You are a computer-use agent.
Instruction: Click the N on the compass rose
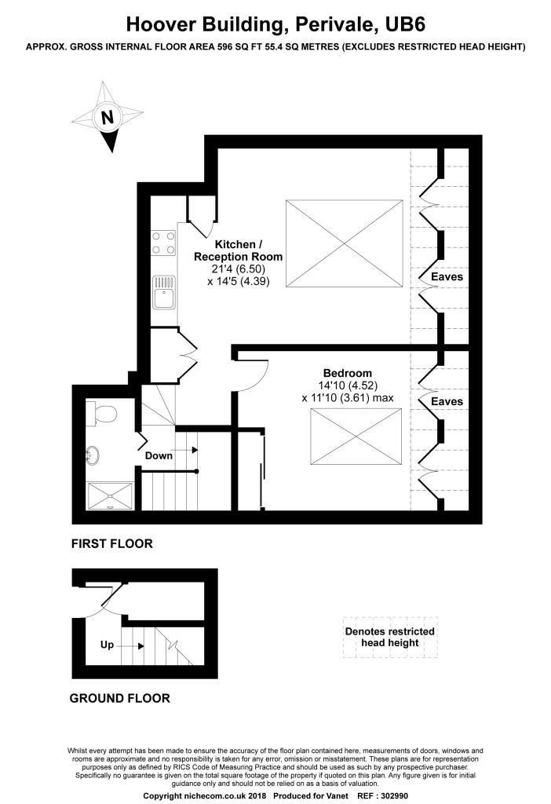coord(107,118)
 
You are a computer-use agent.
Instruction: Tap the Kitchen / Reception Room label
coord(238,250)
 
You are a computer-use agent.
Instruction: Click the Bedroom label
coord(347,373)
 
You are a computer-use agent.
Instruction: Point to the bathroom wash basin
coord(93,456)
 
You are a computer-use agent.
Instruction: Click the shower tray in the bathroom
coord(110,496)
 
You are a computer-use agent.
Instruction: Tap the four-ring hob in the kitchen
coord(163,243)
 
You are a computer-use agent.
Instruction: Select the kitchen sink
coord(163,292)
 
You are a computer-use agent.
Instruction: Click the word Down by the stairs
coord(159,455)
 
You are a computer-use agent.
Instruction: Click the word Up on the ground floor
coord(107,645)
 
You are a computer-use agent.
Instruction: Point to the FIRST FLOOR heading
coord(111,543)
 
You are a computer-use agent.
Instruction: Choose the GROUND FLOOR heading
coord(119,698)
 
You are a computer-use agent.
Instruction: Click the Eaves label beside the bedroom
coord(447,401)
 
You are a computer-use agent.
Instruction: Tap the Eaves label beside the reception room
coord(447,277)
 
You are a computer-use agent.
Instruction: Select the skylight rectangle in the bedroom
coord(356,437)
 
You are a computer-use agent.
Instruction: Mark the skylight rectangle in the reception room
coord(345,243)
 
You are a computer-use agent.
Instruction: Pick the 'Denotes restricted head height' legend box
coord(390,637)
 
